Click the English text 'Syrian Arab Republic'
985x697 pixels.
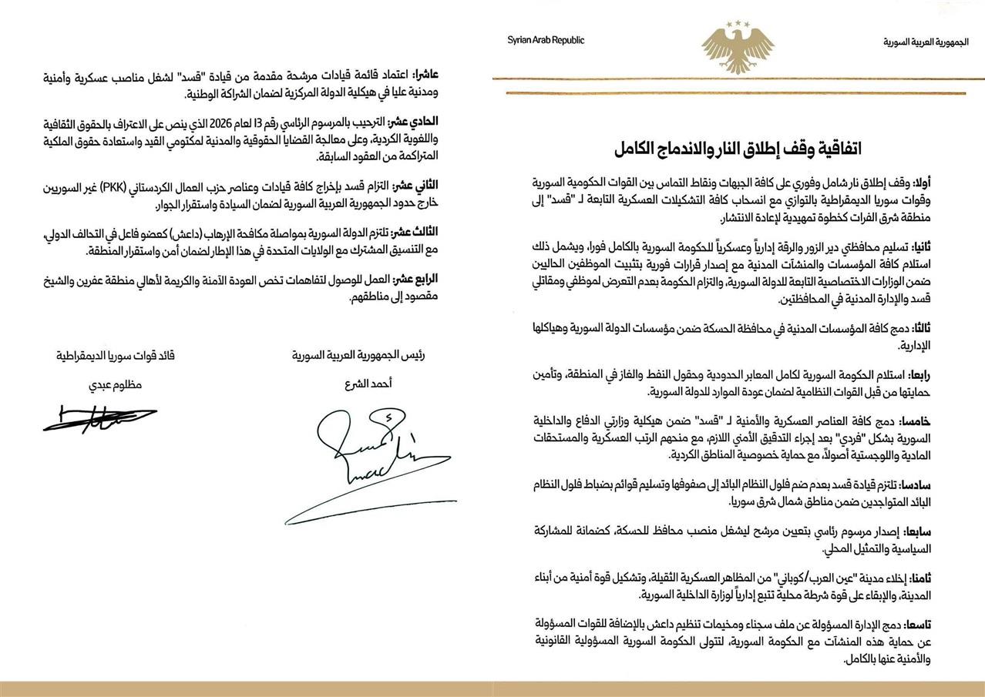(546, 41)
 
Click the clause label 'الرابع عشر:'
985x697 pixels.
(434, 280)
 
